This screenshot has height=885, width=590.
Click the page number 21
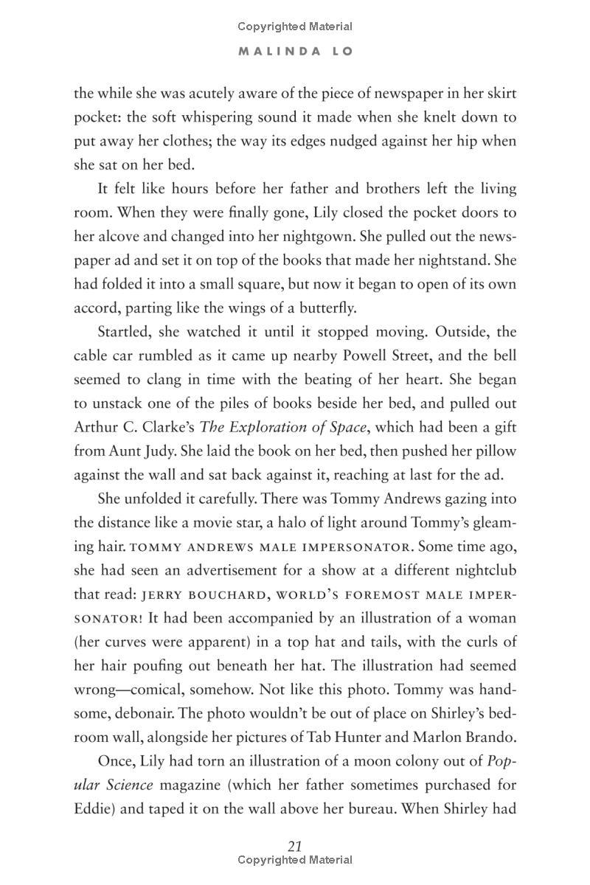[295, 846]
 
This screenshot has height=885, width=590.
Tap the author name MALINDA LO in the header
[295, 52]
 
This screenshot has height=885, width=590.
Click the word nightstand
[445, 260]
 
